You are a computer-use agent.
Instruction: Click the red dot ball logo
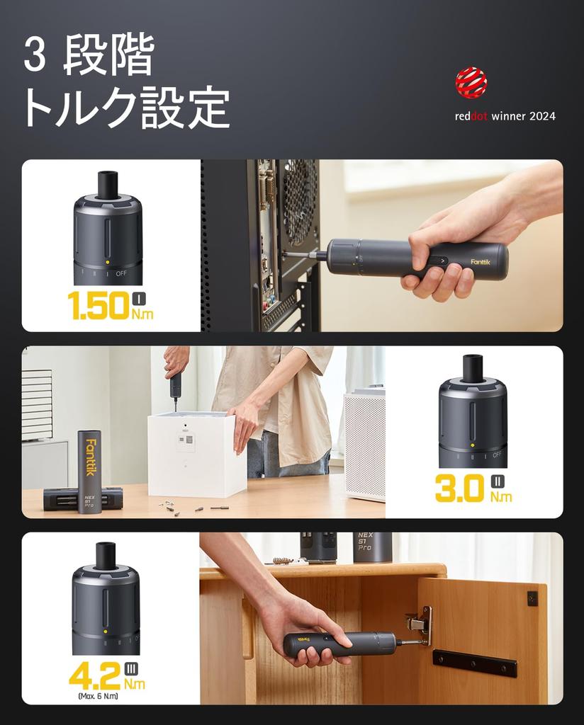click(x=471, y=82)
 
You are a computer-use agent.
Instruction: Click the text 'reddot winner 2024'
click(x=505, y=116)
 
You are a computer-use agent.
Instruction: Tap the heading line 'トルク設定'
click(x=126, y=109)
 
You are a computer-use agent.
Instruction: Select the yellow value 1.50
click(x=98, y=305)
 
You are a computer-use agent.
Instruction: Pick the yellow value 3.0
click(x=459, y=489)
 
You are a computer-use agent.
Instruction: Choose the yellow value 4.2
click(x=94, y=675)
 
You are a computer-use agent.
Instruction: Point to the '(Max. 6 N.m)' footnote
click(x=98, y=697)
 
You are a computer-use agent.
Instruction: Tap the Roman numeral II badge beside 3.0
click(x=498, y=482)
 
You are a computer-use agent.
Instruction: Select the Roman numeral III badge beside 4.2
click(x=131, y=668)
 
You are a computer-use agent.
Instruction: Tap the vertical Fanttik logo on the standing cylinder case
click(x=90, y=457)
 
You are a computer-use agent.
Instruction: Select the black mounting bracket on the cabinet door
click(x=474, y=663)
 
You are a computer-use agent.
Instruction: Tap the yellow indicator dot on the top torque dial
click(x=106, y=261)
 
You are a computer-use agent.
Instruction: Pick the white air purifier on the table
click(x=364, y=443)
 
